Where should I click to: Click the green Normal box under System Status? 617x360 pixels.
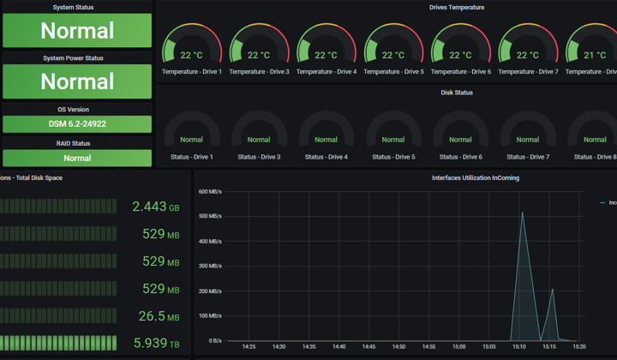click(x=77, y=31)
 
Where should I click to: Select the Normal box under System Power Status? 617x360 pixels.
click(x=77, y=81)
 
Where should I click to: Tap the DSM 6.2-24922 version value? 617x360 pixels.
click(x=77, y=124)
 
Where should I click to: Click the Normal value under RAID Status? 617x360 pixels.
click(x=77, y=159)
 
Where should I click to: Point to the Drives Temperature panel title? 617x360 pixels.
click(x=457, y=7)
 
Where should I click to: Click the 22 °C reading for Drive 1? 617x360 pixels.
click(x=191, y=55)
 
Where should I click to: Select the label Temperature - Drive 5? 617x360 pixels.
click(x=393, y=72)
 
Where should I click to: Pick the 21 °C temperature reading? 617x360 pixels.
click(x=595, y=55)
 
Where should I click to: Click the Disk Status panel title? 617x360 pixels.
click(x=457, y=93)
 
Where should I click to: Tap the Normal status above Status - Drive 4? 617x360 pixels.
click(x=326, y=140)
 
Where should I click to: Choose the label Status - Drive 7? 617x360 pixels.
click(x=528, y=157)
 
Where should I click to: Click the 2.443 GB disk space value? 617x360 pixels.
click(x=156, y=207)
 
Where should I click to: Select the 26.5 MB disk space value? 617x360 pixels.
click(x=159, y=316)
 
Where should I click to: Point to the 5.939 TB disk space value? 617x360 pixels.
click(x=156, y=343)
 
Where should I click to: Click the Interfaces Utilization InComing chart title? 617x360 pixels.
click(x=476, y=177)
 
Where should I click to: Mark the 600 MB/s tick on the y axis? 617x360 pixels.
click(x=210, y=192)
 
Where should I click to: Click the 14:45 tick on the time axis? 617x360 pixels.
click(x=368, y=346)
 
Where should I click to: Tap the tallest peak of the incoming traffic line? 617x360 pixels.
click(x=522, y=213)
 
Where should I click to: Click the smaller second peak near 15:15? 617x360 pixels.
click(x=553, y=289)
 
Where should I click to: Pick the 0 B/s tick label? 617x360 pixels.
click(x=215, y=341)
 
